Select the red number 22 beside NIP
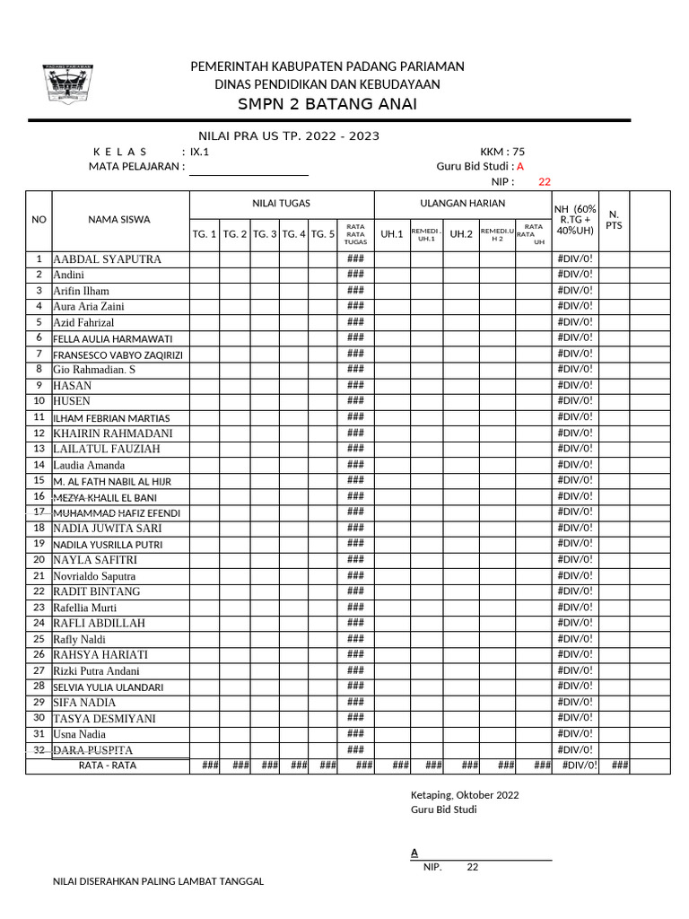coord(545,182)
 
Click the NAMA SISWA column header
coord(119,219)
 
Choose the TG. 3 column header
coord(265,234)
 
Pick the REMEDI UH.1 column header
coord(426,235)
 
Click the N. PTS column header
coord(614,220)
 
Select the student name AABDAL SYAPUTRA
coord(108,259)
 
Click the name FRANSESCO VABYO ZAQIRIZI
coord(118,354)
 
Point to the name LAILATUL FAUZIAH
coord(107,449)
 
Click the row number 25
coord(39,639)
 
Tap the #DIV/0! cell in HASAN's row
coord(575,385)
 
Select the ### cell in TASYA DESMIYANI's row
coord(355,718)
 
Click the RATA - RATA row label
coord(108,766)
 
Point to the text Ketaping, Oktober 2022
coord(465,795)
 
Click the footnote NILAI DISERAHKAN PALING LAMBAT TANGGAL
coord(159,881)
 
